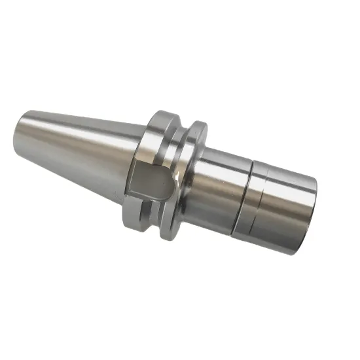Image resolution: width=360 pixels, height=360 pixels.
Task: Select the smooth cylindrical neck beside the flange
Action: [x=219, y=190]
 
